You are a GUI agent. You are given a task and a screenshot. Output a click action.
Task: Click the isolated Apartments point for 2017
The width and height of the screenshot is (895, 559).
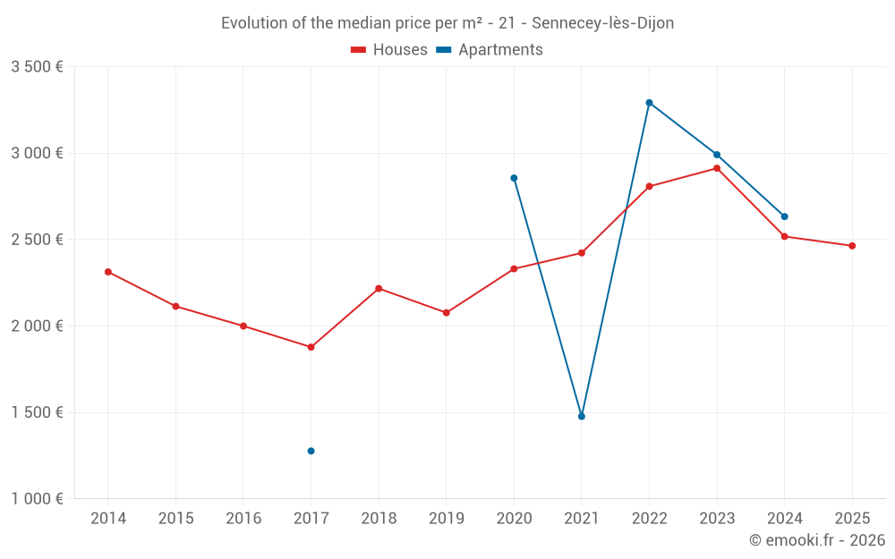311,451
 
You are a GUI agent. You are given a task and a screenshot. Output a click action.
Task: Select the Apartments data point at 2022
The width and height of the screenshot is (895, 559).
649,103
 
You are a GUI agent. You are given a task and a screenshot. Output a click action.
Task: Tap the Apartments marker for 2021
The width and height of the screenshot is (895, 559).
582,416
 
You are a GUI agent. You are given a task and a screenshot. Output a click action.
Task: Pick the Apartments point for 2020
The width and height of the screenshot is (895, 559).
514,178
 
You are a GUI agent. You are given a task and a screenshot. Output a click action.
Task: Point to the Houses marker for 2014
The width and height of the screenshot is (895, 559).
108,272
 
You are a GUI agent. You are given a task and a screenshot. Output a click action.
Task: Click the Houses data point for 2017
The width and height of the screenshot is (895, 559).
311,347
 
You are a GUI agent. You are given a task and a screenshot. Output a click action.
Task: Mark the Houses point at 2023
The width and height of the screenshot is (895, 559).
717,168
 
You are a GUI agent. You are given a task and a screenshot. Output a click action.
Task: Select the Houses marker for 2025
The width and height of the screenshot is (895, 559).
852,246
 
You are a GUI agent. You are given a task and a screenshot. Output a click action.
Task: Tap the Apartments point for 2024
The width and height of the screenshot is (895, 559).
784,216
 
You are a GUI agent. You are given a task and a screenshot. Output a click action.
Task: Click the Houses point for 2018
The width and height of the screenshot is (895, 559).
379,288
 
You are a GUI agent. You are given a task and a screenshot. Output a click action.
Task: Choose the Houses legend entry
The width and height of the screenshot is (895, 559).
390,50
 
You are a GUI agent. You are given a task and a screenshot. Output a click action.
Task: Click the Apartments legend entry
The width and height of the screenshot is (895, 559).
490,50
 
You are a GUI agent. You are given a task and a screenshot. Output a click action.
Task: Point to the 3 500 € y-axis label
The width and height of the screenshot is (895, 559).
37,67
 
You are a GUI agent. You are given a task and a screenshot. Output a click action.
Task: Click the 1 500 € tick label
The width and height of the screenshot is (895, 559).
37,412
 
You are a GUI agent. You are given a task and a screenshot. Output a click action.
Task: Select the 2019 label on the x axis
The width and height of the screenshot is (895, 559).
446,518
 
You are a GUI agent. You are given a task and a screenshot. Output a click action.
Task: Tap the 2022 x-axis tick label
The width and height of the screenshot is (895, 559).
649,518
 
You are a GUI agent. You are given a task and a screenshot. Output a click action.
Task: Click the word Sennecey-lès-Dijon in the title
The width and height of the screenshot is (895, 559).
602,23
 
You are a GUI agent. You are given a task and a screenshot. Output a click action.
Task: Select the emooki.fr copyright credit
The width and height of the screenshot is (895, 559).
817,540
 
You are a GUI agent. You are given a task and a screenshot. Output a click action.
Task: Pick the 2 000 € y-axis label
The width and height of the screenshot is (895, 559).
37,326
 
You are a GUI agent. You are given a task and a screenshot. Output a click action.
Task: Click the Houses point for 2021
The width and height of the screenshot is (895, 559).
582,253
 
